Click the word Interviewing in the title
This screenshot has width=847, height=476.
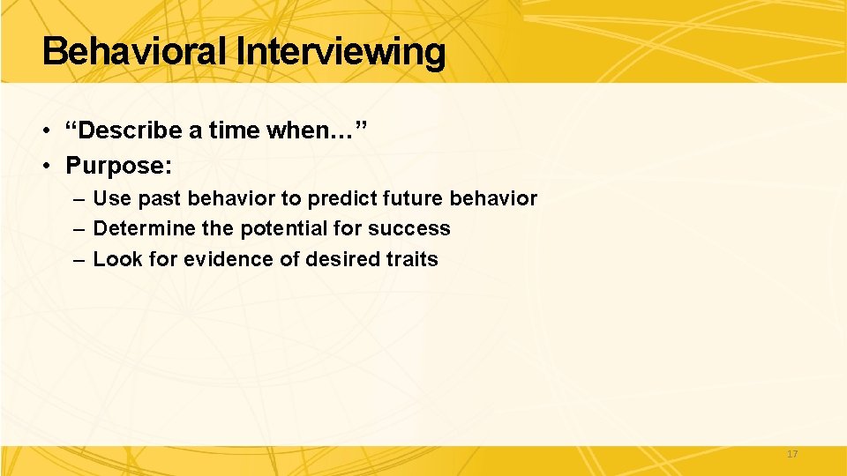[x=341, y=52]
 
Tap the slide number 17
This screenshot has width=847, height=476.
[x=791, y=454]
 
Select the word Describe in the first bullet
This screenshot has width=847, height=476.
[x=131, y=131]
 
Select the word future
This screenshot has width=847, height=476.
[x=416, y=198]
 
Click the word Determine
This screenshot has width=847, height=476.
[x=144, y=228]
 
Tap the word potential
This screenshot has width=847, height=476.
[x=286, y=228]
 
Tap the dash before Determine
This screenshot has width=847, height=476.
[x=79, y=228]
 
